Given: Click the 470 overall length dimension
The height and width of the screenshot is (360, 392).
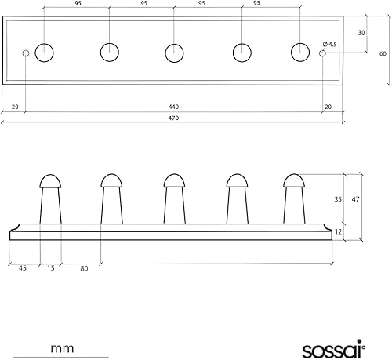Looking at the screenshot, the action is tap(173, 118).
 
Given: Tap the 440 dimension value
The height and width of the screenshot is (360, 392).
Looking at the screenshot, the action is tap(173, 107).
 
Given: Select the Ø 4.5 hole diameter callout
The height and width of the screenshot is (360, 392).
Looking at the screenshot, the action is tap(329, 44).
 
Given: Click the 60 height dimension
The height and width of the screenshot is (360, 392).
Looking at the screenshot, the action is tap(383, 53).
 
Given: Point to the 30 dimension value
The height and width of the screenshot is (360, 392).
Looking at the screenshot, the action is tap(361, 32).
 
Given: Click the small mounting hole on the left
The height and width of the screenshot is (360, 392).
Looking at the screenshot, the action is tap(26, 53).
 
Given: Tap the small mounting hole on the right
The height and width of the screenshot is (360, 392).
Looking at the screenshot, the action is tap(322, 53).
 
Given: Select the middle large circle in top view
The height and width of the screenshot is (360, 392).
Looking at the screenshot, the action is tap(174, 53).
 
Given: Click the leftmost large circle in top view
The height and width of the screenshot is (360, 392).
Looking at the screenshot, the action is tap(44, 53).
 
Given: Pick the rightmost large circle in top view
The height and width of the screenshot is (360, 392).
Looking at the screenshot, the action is tap(300, 53).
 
